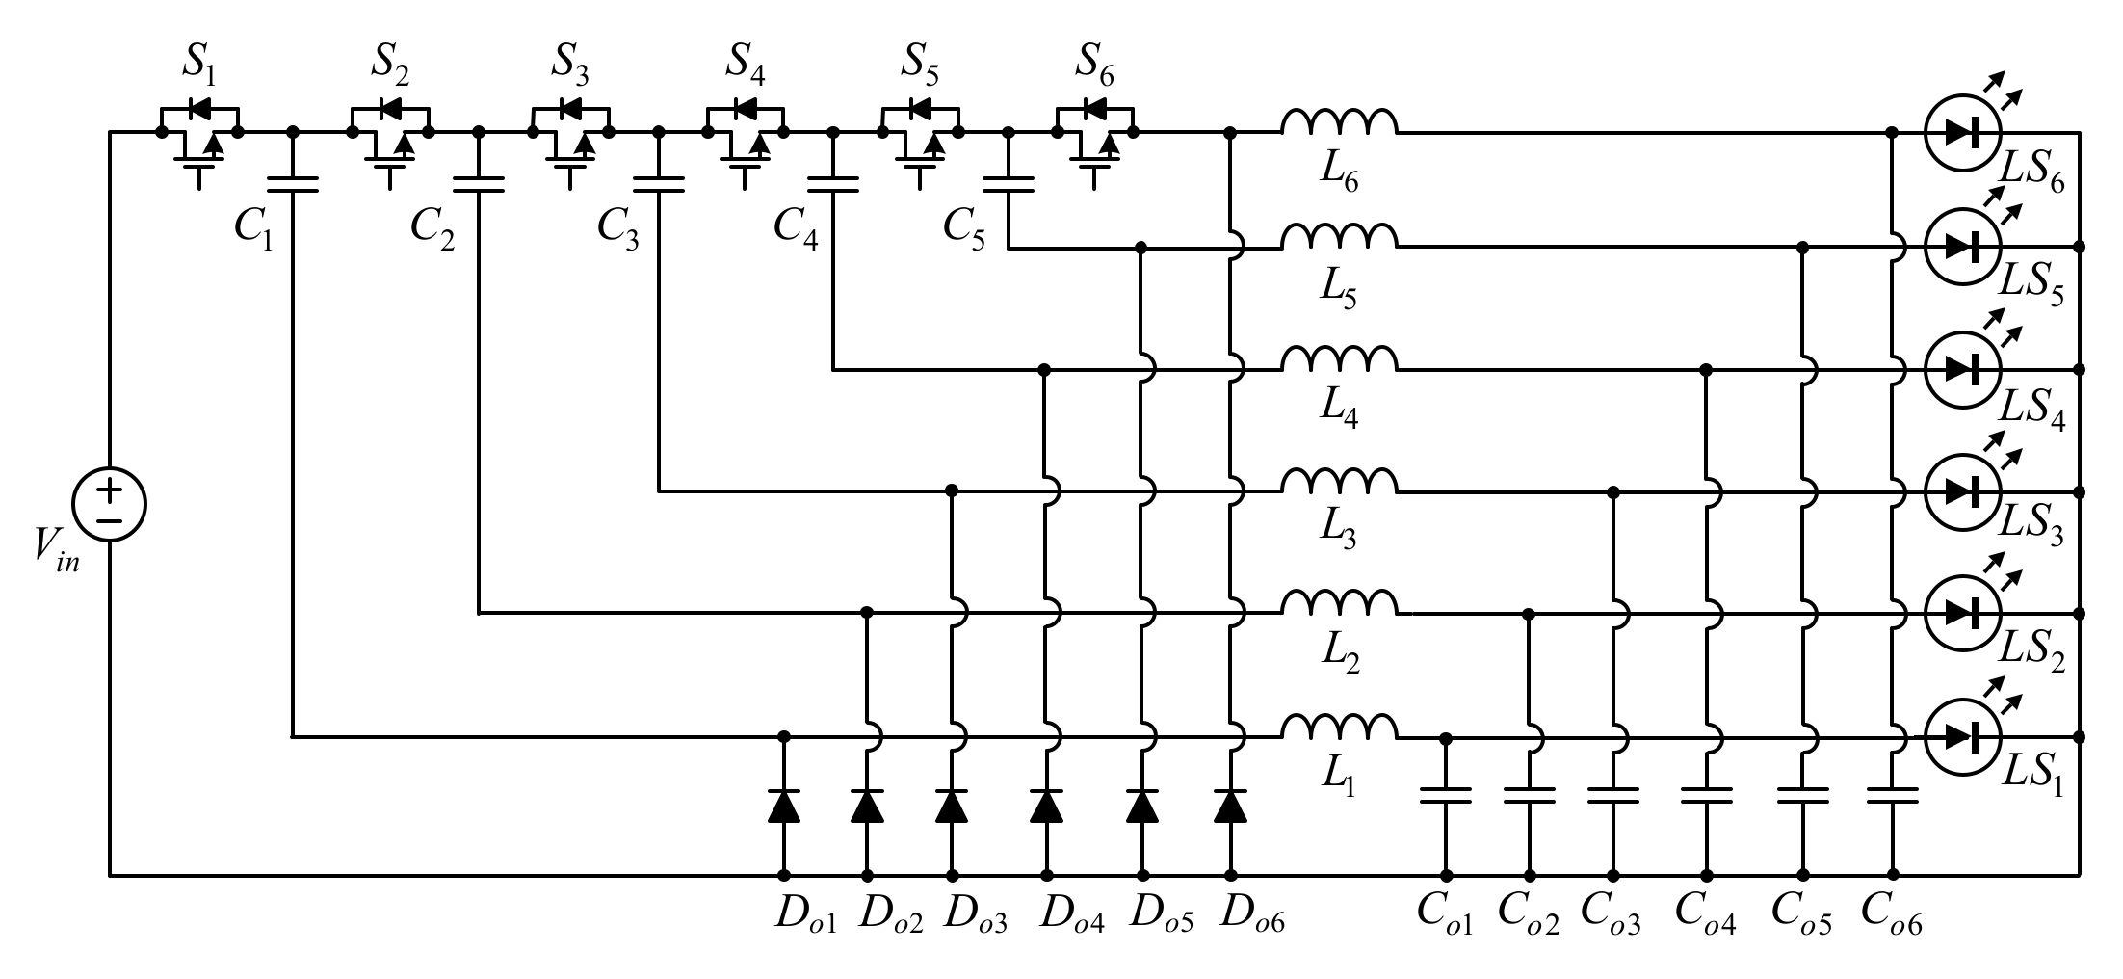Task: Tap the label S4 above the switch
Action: tap(746, 63)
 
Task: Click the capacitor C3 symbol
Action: tap(659, 184)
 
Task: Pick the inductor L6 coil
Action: tap(1338, 124)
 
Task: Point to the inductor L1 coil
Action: tap(1338, 729)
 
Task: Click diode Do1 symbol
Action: tap(783, 807)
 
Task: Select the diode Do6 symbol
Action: tap(1230, 807)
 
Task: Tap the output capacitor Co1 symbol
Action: tap(1445, 796)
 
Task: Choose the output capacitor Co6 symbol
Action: tap(1892, 796)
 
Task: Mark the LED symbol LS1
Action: tap(1962, 737)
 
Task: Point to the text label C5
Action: tap(964, 230)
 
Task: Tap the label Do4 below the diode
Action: tap(1072, 915)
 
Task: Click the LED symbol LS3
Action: tap(1962, 491)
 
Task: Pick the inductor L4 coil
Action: tap(1338, 361)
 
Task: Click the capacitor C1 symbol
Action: tap(292, 184)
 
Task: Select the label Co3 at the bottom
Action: tap(1612, 915)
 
